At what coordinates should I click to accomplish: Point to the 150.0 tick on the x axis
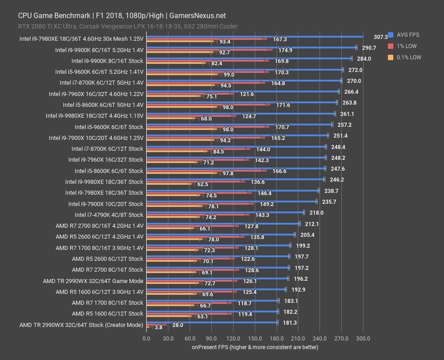(x=255, y=338)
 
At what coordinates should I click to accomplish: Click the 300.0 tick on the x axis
(x=363, y=338)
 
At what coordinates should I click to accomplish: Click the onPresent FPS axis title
(x=254, y=347)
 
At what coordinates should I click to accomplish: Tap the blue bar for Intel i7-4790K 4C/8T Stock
(x=224, y=212)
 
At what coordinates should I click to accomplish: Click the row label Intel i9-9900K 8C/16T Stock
(x=107, y=61)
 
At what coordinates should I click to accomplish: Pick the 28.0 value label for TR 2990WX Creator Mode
(x=178, y=325)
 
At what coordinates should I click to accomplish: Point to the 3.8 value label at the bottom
(x=158, y=327)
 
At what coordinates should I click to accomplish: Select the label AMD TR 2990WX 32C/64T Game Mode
(x=93, y=281)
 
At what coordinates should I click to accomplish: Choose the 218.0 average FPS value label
(x=316, y=212)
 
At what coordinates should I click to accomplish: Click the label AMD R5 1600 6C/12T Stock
(x=107, y=314)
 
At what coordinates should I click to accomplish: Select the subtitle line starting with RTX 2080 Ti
(x=128, y=26)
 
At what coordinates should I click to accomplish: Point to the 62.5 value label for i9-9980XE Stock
(x=202, y=184)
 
